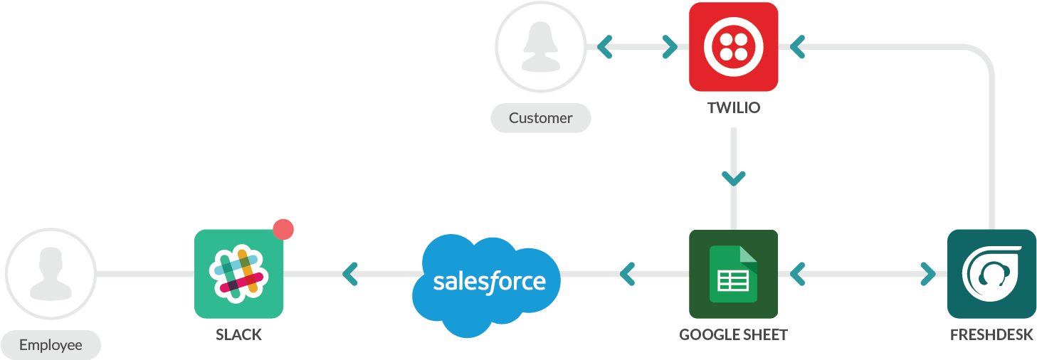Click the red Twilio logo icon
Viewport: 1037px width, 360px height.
733,47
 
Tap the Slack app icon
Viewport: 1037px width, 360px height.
238,273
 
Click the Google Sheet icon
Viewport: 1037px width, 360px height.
733,273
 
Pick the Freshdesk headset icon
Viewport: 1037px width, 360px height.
991,273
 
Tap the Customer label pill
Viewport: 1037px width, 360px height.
540,118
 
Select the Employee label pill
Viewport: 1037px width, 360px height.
51,346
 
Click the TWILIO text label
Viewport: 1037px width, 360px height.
733,108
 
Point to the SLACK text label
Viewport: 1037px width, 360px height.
238,334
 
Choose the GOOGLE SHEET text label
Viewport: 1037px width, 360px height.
733,334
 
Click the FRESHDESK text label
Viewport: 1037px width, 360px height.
991,334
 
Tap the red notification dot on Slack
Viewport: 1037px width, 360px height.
283,229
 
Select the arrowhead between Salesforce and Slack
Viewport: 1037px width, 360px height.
349,273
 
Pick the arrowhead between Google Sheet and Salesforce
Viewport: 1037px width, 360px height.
626,273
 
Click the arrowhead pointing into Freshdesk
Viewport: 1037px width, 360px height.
928,273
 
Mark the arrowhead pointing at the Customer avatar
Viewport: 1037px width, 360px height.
605,47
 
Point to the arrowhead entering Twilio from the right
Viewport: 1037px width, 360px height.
797,47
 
